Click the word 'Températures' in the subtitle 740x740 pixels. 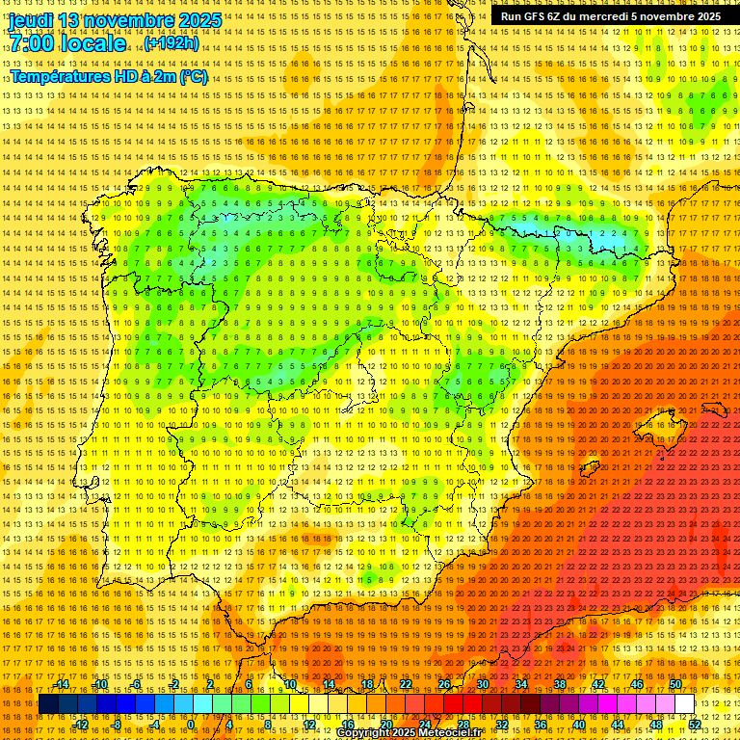[x=61, y=76]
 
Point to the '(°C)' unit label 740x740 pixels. [x=192, y=76]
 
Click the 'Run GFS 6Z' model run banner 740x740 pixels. [x=534, y=16]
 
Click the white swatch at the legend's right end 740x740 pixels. [x=685, y=704]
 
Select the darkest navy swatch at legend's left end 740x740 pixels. [x=47, y=704]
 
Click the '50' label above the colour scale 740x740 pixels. [x=675, y=684]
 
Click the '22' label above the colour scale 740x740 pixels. [x=406, y=684]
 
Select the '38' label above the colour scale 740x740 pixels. [x=560, y=684]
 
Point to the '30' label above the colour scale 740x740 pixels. [x=483, y=684]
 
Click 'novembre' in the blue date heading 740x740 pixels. [x=129, y=20]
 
